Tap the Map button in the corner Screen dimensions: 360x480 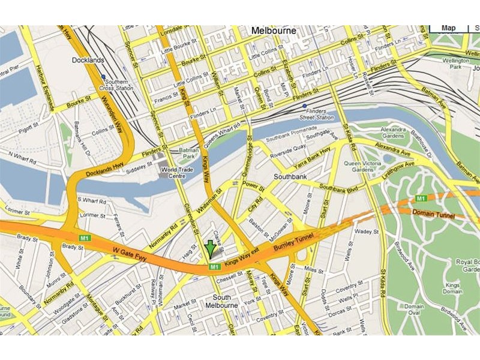(449, 28)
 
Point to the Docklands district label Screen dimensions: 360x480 (88, 60)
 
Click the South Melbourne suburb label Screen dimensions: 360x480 (223, 301)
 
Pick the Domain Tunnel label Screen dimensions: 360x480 (433, 214)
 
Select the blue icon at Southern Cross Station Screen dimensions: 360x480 (104, 77)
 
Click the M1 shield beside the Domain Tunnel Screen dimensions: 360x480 (421, 198)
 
